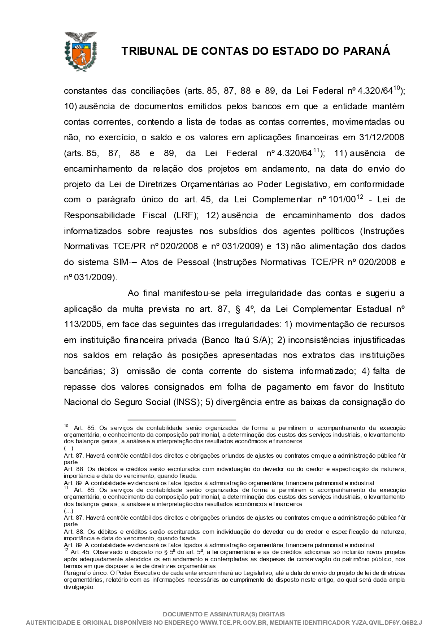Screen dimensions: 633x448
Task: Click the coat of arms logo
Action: tap(80, 51)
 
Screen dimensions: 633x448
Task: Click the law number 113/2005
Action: tap(82, 324)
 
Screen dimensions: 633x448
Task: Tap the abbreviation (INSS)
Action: tap(186, 402)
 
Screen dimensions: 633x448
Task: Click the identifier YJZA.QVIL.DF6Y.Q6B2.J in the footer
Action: tap(387, 623)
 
